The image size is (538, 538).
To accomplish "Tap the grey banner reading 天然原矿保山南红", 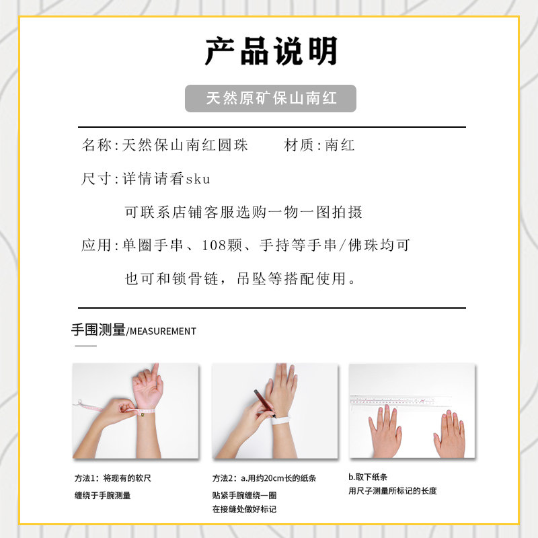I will [x=270, y=98].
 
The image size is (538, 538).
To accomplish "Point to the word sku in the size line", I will [x=198, y=179].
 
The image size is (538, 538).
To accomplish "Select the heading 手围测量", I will [x=98, y=330].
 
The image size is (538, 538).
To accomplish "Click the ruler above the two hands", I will [x=412, y=400].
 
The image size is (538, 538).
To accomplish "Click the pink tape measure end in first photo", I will [x=82, y=403].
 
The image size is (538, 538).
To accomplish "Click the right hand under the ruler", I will [x=449, y=434].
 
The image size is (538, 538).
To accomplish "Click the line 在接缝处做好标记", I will [x=244, y=509].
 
